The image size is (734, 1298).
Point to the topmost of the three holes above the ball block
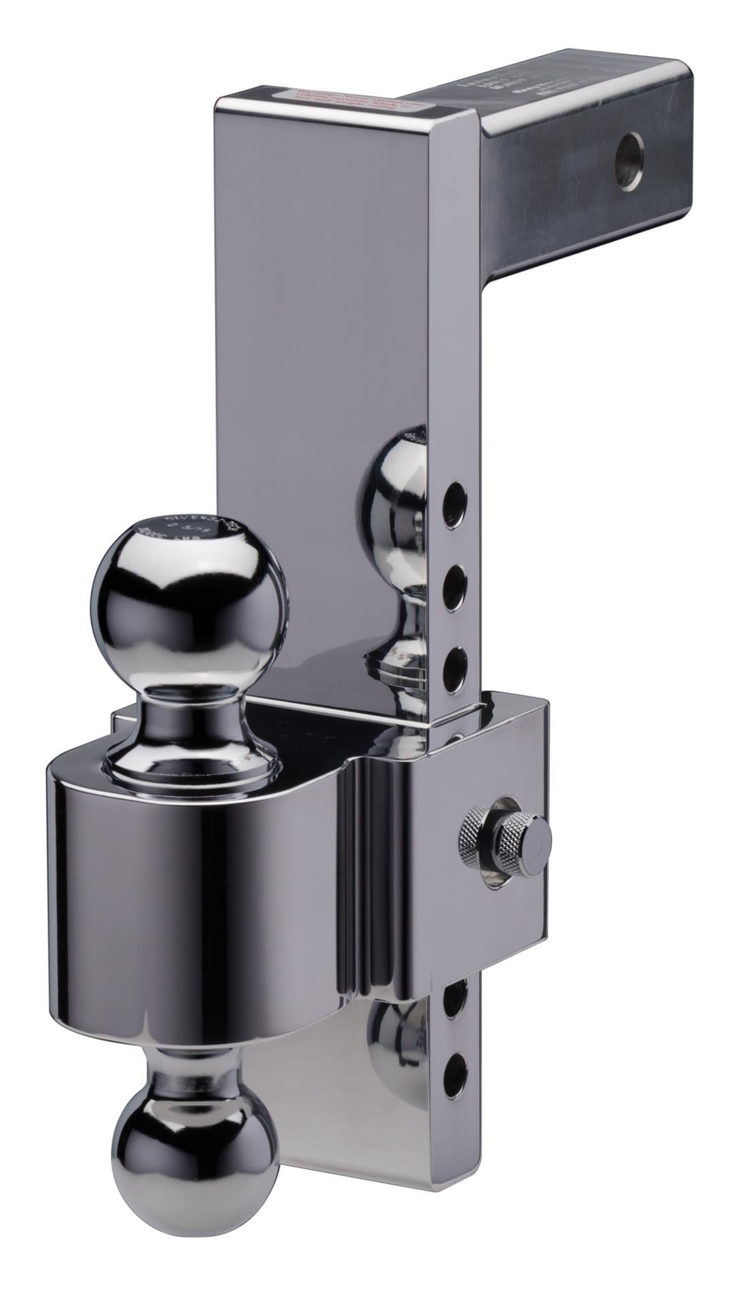(454, 505)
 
